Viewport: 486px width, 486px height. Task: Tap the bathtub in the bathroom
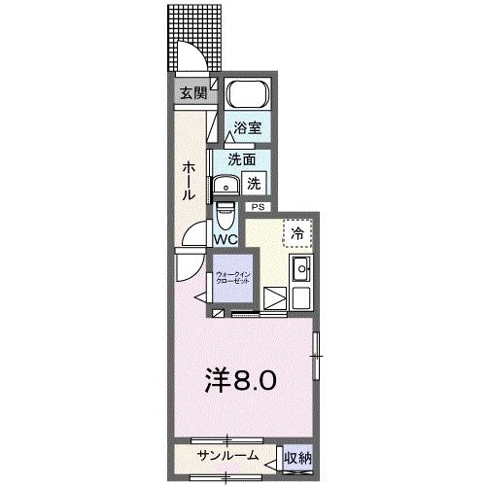247,97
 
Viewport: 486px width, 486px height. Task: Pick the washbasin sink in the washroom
226,184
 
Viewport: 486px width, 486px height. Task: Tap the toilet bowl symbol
226,212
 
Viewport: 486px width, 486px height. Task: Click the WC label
226,238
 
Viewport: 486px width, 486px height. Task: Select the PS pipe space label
258,207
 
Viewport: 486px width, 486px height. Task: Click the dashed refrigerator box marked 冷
297,233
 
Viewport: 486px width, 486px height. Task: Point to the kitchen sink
300,269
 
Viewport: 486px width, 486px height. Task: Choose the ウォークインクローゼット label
231,279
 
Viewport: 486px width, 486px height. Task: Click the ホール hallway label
187,181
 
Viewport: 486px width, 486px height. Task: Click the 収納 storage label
296,456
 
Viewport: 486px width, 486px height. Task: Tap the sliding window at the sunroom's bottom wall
228,475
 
